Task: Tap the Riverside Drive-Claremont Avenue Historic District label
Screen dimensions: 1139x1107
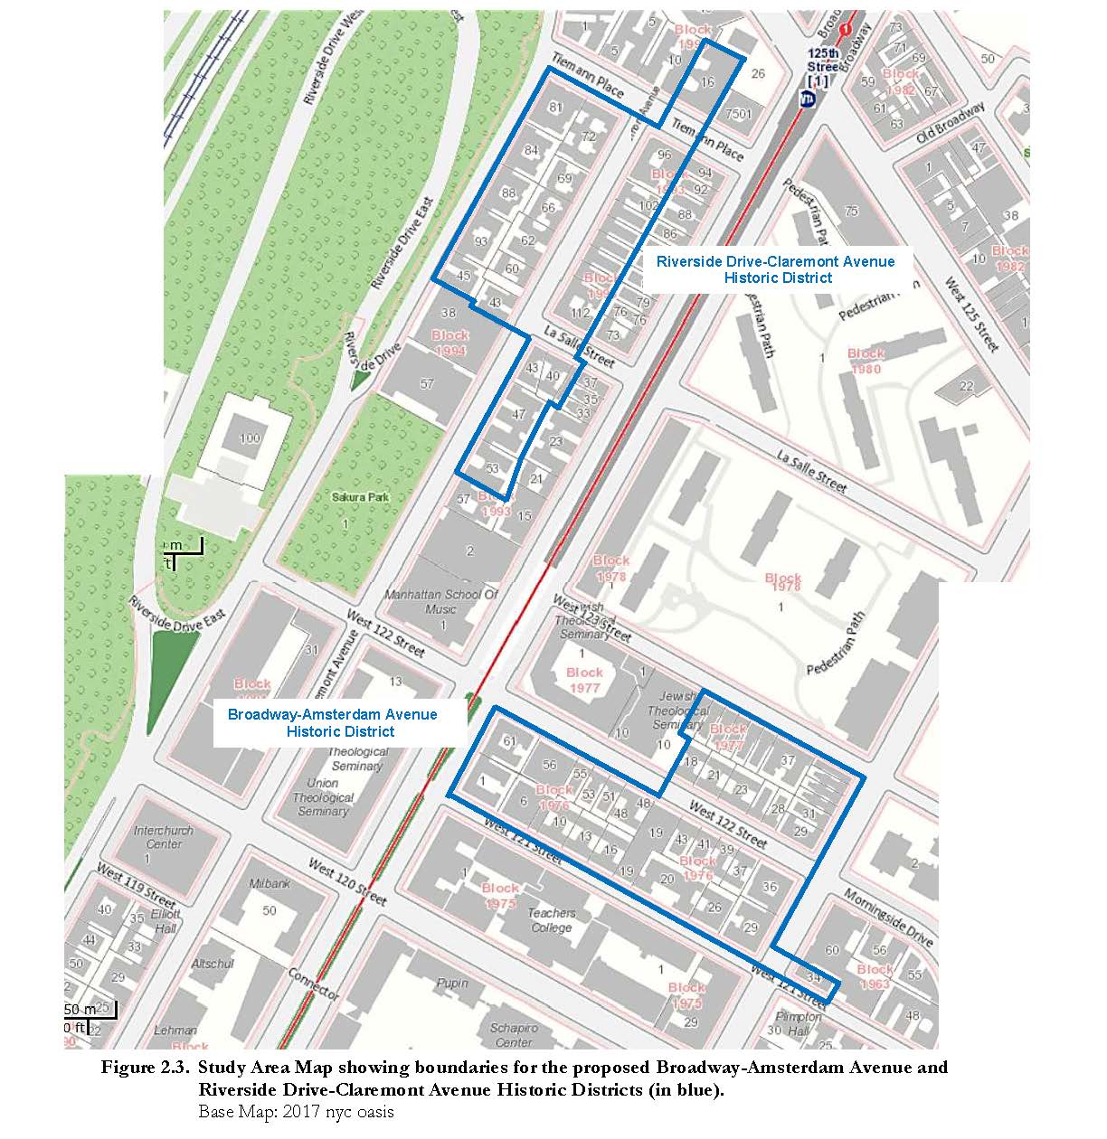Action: (x=776, y=269)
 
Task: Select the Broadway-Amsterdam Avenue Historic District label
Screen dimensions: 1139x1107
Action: (x=332, y=722)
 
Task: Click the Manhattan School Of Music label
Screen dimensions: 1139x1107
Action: (x=441, y=602)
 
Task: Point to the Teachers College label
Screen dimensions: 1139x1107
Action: (x=552, y=920)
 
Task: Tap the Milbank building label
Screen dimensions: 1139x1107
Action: (x=270, y=882)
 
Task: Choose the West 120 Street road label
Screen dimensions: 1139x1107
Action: (x=347, y=881)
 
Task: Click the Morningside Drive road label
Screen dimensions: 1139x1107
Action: (x=888, y=918)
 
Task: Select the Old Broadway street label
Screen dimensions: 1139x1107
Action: (x=950, y=122)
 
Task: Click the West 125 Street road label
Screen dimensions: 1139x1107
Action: (x=972, y=315)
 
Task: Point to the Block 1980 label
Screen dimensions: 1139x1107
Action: (x=866, y=361)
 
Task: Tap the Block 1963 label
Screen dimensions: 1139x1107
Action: (x=875, y=976)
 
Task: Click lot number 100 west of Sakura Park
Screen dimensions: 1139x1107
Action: (x=249, y=438)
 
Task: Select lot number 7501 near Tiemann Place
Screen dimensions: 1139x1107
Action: (x=739, y=113)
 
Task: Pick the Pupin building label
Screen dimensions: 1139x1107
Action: (x=452, y=983)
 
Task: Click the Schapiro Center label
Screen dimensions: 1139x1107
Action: (x=513, y=1035)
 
